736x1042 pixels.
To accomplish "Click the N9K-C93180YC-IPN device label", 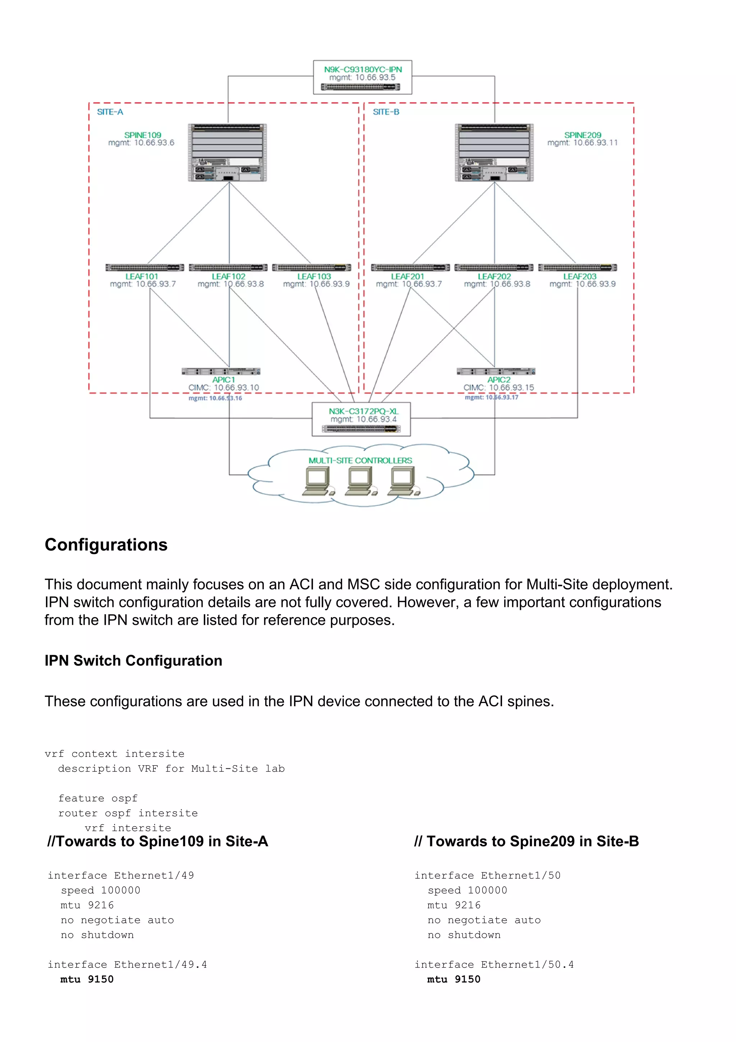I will tap(362, 69).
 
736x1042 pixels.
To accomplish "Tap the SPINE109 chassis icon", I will tap(227, 152).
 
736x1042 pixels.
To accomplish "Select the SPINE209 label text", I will tap(582, 135).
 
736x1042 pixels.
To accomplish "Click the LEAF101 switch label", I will tap(142, 277).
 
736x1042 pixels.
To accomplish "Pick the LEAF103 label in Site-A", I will tap(314, 277).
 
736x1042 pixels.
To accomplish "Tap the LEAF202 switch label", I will tap(494, 277).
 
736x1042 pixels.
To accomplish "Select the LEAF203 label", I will tap(580, 277).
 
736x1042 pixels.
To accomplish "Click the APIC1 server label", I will tap(224, 379).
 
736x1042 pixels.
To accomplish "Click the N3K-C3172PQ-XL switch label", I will tap(363, 411).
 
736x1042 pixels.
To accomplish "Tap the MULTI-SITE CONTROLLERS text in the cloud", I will tap(360, 460).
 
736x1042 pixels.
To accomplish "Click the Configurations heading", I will tap(106, 545).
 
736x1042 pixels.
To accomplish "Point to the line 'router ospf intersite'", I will tap(128, 813).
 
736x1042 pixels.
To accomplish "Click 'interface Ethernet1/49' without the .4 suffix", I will tap(121, 875).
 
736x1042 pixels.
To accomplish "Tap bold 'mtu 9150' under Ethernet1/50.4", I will tap(454, 979).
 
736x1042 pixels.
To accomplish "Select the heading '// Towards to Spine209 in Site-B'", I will tap(526, 841).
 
